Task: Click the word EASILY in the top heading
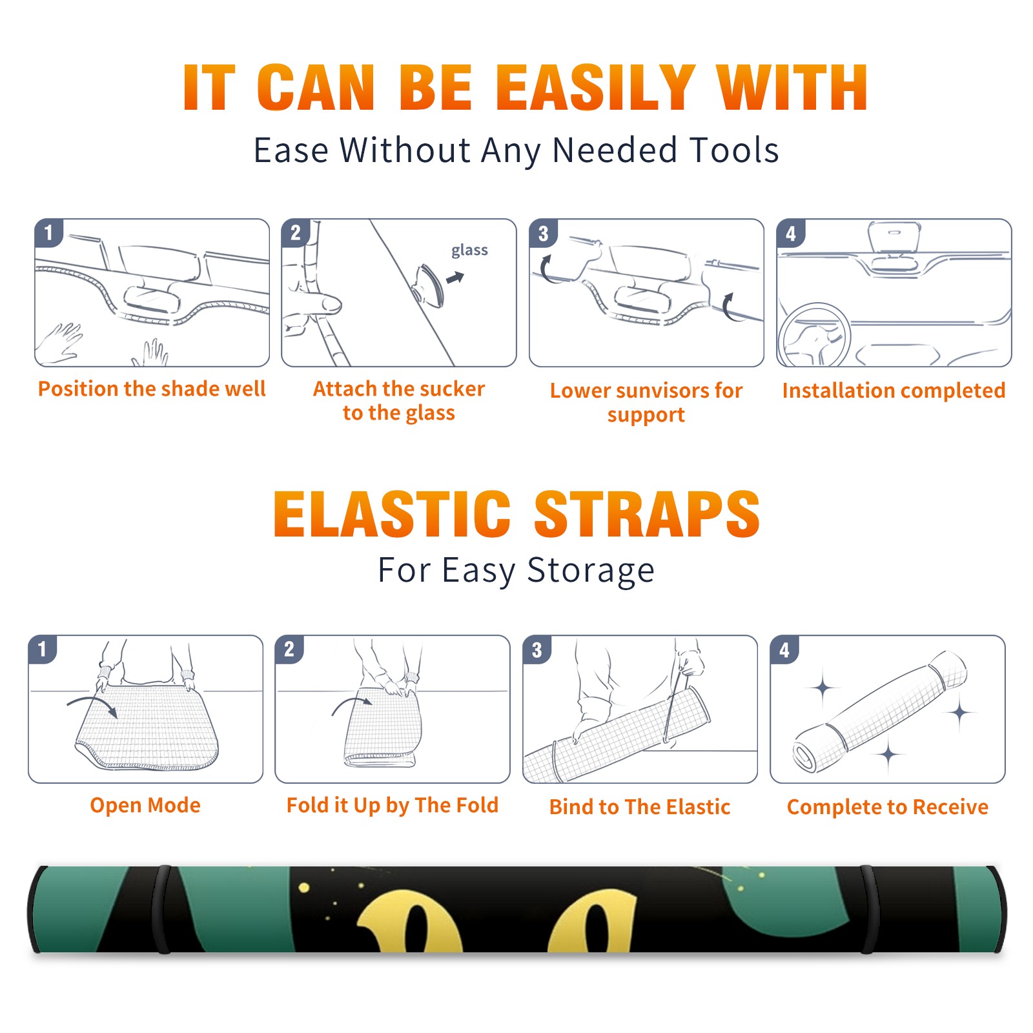(x=596, y=88)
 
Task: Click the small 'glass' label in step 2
(x=469, y=251)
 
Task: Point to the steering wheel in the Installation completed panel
(x=814, y=336)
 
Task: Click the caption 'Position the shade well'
(x=152, y=389)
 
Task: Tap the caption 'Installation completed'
(x=894, y=391)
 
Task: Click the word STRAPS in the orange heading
(x=647, y=514)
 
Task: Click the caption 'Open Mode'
(x=145, y=805)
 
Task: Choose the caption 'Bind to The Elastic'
(x=640, y=807)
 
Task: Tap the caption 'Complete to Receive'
(x=888, y=807)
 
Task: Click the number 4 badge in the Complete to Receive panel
(x=784, y=649)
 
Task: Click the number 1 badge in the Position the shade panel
(x=48, y=232)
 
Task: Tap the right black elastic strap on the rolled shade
(x=869, y=909)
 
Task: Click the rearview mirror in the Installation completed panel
(x=894, y=236)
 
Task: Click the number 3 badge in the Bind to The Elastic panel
(x=537, y=649)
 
